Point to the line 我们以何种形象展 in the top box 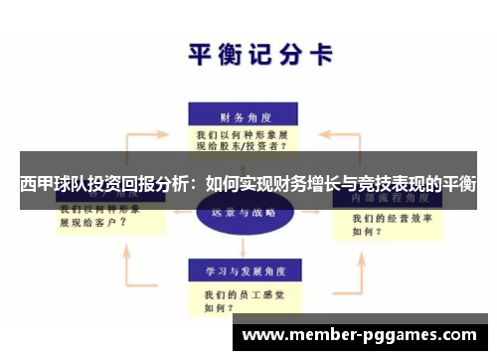[x=242, y=132]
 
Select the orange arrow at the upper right [x=347, y=126]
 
